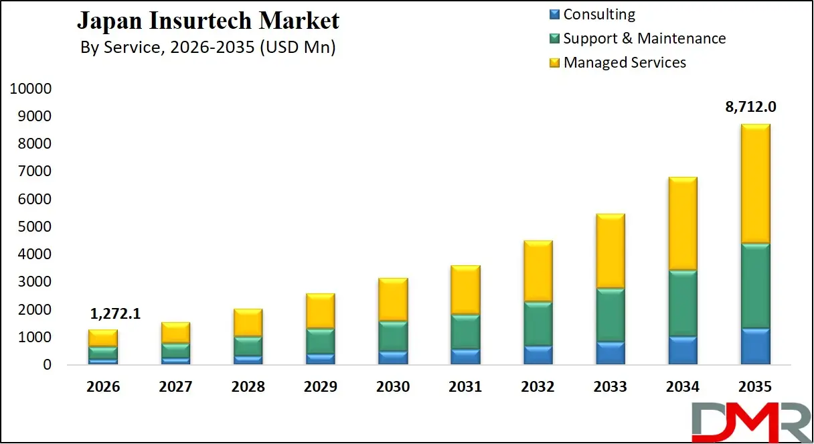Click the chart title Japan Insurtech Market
click(x=208, y=21)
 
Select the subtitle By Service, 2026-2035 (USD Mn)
click(x=208, y=48)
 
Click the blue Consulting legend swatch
click(x=554, y=14)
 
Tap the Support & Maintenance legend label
click(x=644, y=38)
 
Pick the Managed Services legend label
click(x=625, y=62)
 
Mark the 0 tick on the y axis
click(x=47, y=365)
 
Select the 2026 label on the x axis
click(x=103, y=387)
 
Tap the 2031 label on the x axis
click(x=465, y=387)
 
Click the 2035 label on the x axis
click(x=755, y=387)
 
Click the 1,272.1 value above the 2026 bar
click(x=116, y=313)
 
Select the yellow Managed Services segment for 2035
click(x=755, y=184)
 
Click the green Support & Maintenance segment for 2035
click(x=755, y=286)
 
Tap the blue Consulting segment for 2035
click(x=755, y=346)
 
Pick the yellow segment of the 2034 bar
click(x=683, y=224)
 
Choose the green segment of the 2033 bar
click(x=610, y=315)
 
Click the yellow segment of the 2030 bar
click(x=393, y=299)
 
